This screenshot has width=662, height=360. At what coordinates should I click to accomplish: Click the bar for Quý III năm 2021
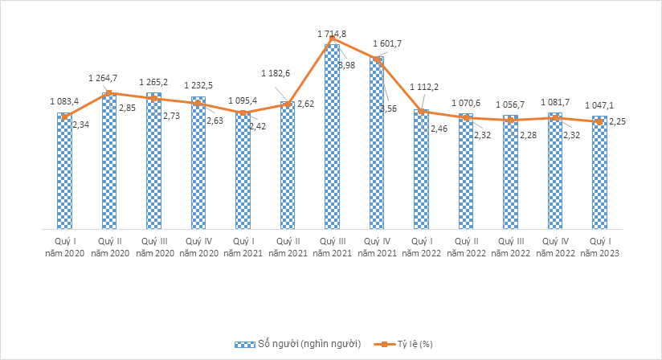332,137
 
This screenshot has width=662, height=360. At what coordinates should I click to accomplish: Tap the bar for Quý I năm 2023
599,173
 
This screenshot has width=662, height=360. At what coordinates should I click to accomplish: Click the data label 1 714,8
332,33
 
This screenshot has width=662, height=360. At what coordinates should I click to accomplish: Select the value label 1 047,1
599,105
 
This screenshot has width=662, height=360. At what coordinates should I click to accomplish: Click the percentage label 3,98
347,65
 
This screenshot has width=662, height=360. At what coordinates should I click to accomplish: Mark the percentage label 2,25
616,121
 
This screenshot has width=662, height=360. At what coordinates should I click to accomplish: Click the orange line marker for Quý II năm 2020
109,93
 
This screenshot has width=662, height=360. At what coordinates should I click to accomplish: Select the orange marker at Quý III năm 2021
332,39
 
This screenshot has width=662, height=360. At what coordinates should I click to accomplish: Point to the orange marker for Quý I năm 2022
421,111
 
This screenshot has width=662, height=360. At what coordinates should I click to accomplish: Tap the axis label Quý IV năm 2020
198,247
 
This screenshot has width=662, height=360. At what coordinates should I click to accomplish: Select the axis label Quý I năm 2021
243,247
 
